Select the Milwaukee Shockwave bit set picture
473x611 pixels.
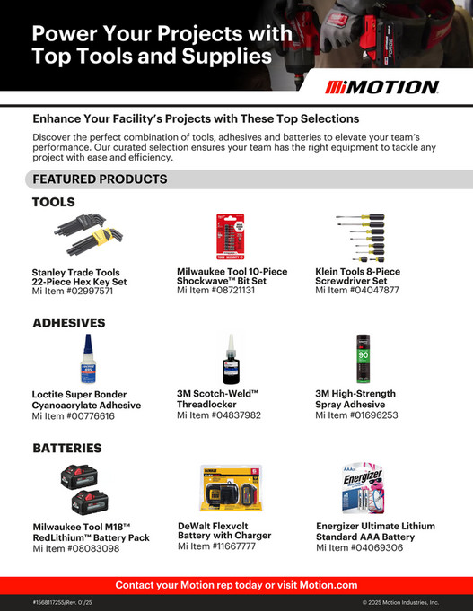[230, 238]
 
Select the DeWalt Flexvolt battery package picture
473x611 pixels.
[229, 488]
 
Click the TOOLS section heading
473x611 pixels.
[54, 202]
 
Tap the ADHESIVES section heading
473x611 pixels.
[69, 322]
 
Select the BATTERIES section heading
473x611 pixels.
[67, 447]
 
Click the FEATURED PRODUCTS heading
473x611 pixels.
[100, 179]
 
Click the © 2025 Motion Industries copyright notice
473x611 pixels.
[399, 603]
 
